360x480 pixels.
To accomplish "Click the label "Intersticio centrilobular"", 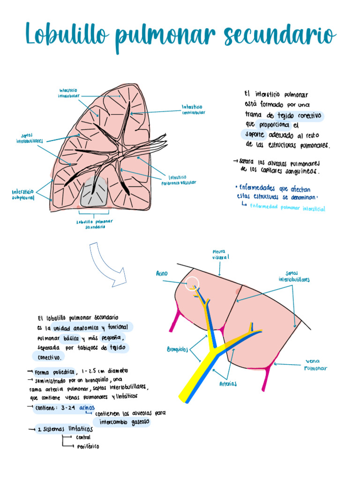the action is click(x=194, y=110).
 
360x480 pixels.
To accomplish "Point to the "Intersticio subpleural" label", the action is click(x=23, y=195).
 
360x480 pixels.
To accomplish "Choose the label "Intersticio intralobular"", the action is click(x=68, y=92).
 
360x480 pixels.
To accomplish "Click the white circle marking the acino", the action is click(x=192, y=283).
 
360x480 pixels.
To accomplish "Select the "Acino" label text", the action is click(x=162, y=273).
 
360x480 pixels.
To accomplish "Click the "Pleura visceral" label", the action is click(x=220, y=254).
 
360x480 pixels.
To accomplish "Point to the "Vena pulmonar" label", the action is click(x=316, y=365).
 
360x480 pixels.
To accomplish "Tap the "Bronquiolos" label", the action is click(x=178, y=349).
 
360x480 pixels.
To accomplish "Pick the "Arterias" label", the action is click(x=228, y=383).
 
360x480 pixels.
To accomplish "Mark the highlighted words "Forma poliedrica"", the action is click(x=55, y=372).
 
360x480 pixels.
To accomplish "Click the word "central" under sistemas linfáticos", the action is click(x=83, y=437).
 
